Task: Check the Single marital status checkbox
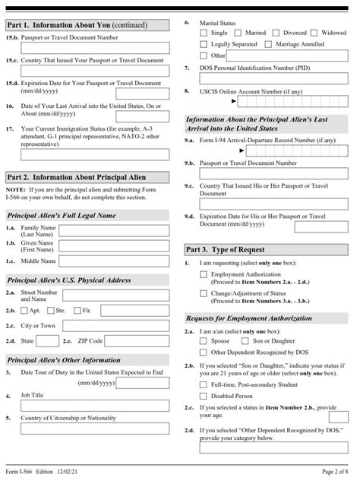[x=204, y=33]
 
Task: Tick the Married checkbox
[x=241, y=33]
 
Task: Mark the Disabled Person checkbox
[x=204, y=395]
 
